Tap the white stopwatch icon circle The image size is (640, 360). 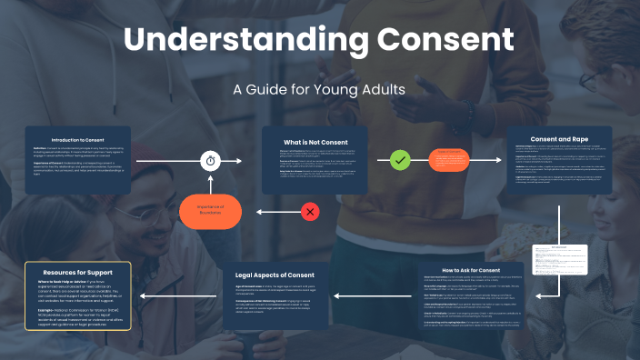[x=212, y=161]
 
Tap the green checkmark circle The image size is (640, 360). [x=399, y=161]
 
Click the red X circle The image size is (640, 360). [x=310, y=212]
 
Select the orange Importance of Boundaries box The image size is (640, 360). [x=211, y=212]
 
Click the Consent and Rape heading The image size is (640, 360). [x=557, y=139]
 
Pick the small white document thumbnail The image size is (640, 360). [x=556, y=261]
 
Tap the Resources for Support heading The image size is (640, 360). [x=79, y=271]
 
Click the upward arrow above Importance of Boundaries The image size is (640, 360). [x=211, y=183]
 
